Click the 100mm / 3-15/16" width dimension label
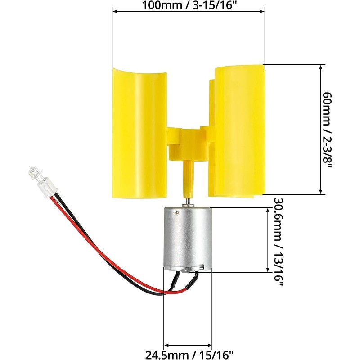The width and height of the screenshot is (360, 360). tap(188, 7)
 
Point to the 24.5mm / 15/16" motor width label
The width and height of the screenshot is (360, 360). tap(188, 352)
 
